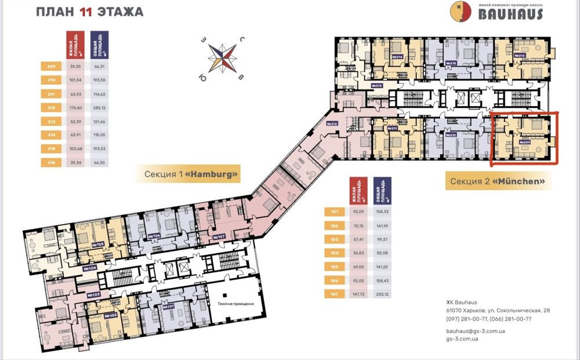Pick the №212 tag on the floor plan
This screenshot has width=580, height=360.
(x=332, y=124)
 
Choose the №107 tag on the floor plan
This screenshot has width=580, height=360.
(x=220, y=236)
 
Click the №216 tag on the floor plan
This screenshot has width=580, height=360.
(x=520, y=56)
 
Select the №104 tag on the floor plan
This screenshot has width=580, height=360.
(x=89, y=268)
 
